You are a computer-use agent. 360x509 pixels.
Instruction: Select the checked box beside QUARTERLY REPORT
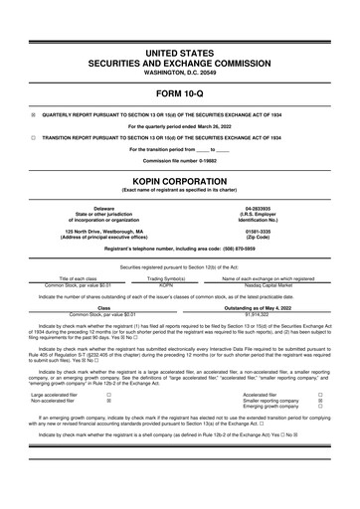(x=33, y=113)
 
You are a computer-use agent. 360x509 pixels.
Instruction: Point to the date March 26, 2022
(x=208, y=125)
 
